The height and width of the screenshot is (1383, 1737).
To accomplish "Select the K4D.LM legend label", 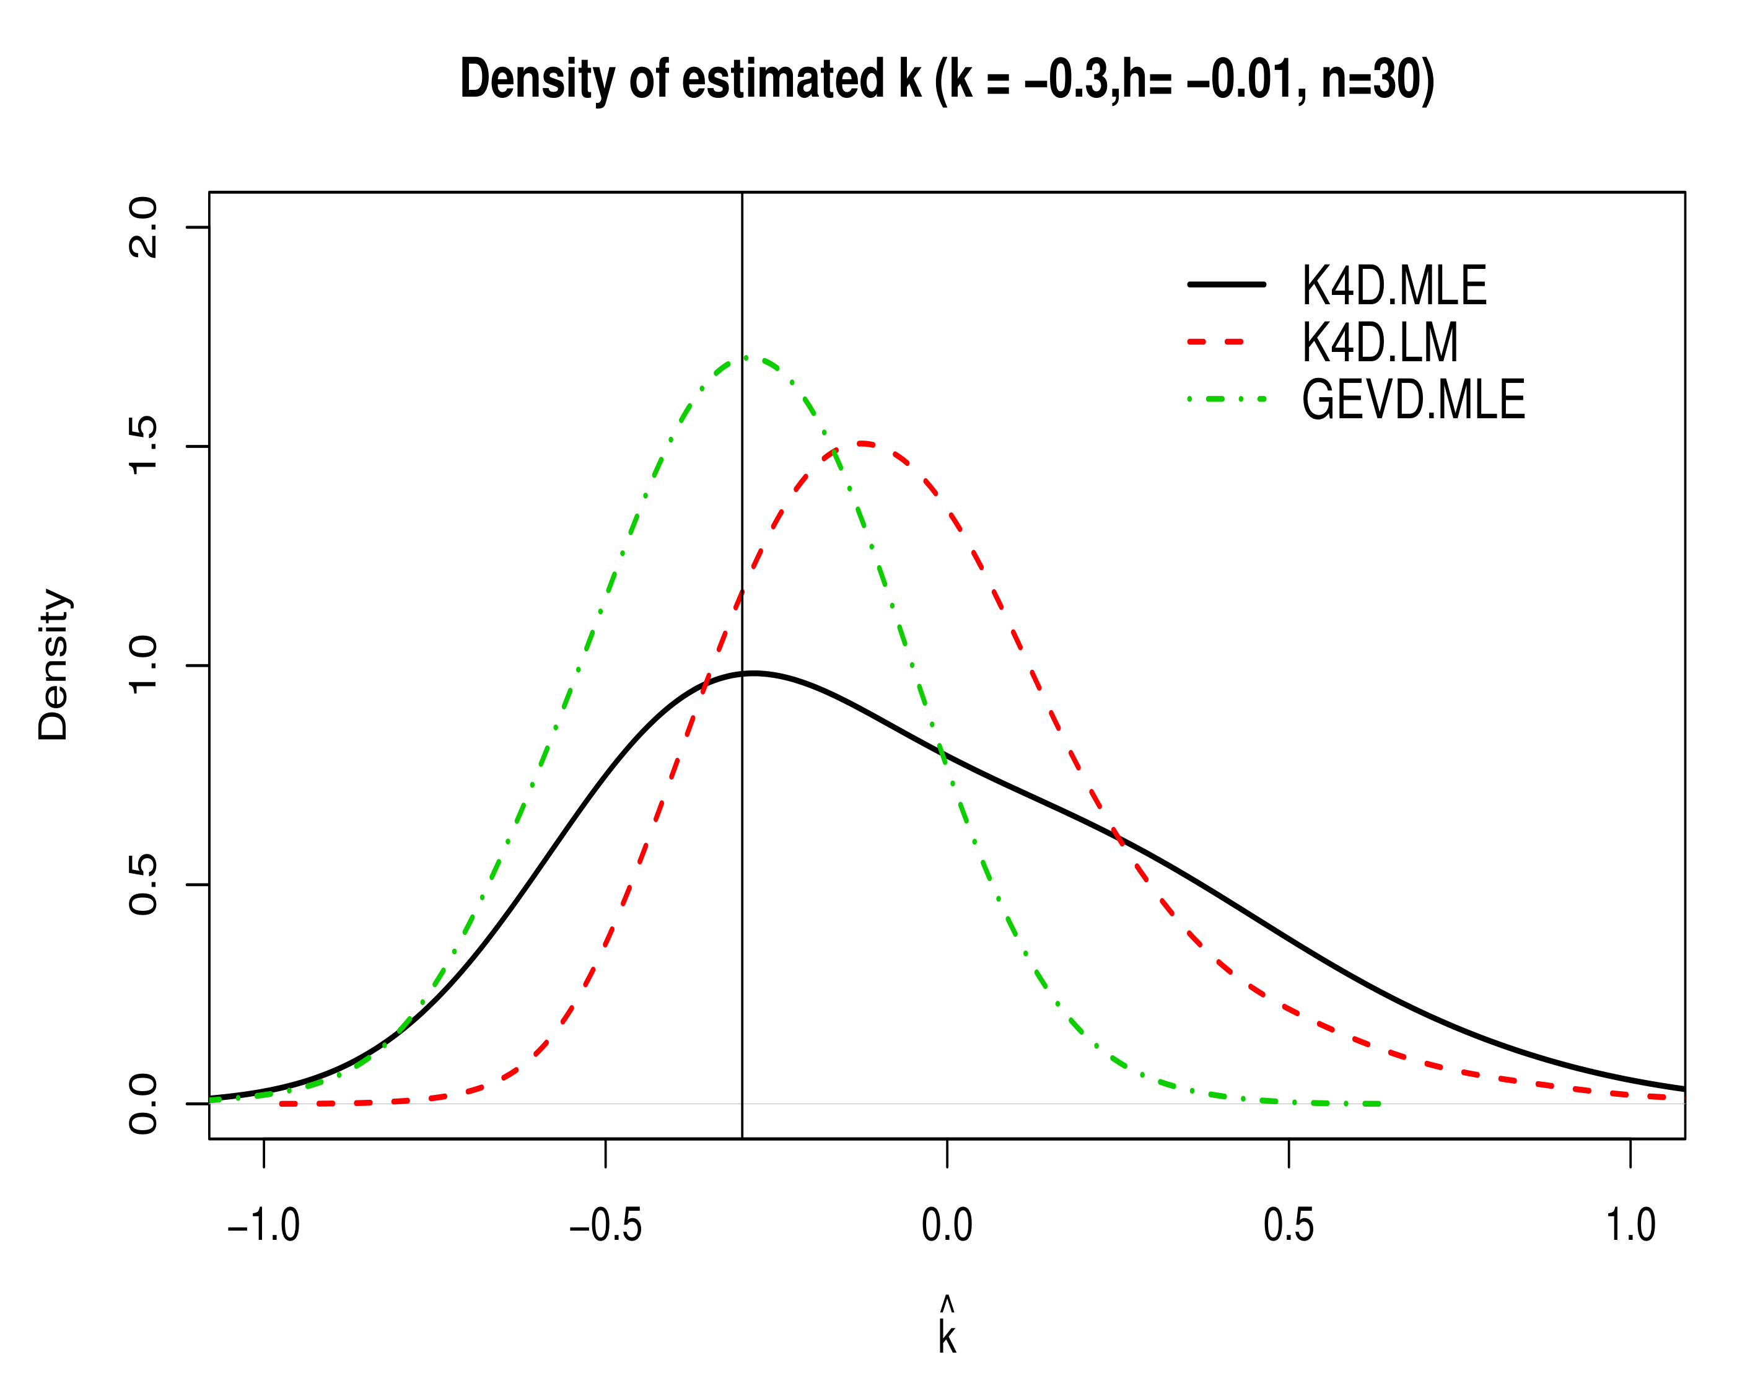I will (1380, 343).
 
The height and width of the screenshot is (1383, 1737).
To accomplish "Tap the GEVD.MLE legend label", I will (1413, 400).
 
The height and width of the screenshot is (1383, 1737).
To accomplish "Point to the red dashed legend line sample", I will (1217, 343).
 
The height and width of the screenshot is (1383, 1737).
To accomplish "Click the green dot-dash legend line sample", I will (1226, 400).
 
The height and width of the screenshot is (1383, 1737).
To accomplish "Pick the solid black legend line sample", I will (1226, 284).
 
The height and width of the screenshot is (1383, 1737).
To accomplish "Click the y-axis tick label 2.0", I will (143, 227).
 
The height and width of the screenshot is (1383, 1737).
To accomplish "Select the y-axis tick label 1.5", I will (143, 447).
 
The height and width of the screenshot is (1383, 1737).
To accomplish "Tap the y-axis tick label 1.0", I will (143, 665).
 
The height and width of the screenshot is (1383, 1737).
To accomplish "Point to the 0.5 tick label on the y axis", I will (143, 885).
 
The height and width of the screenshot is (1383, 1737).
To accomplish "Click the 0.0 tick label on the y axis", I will (143, 1104).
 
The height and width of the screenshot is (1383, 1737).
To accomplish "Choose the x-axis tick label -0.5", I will (605, 1226).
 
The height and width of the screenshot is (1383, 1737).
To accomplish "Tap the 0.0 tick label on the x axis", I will (947, 1226).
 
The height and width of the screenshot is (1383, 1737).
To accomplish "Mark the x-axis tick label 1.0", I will (1630, 1226).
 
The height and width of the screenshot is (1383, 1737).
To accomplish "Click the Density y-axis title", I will (53, 665).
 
